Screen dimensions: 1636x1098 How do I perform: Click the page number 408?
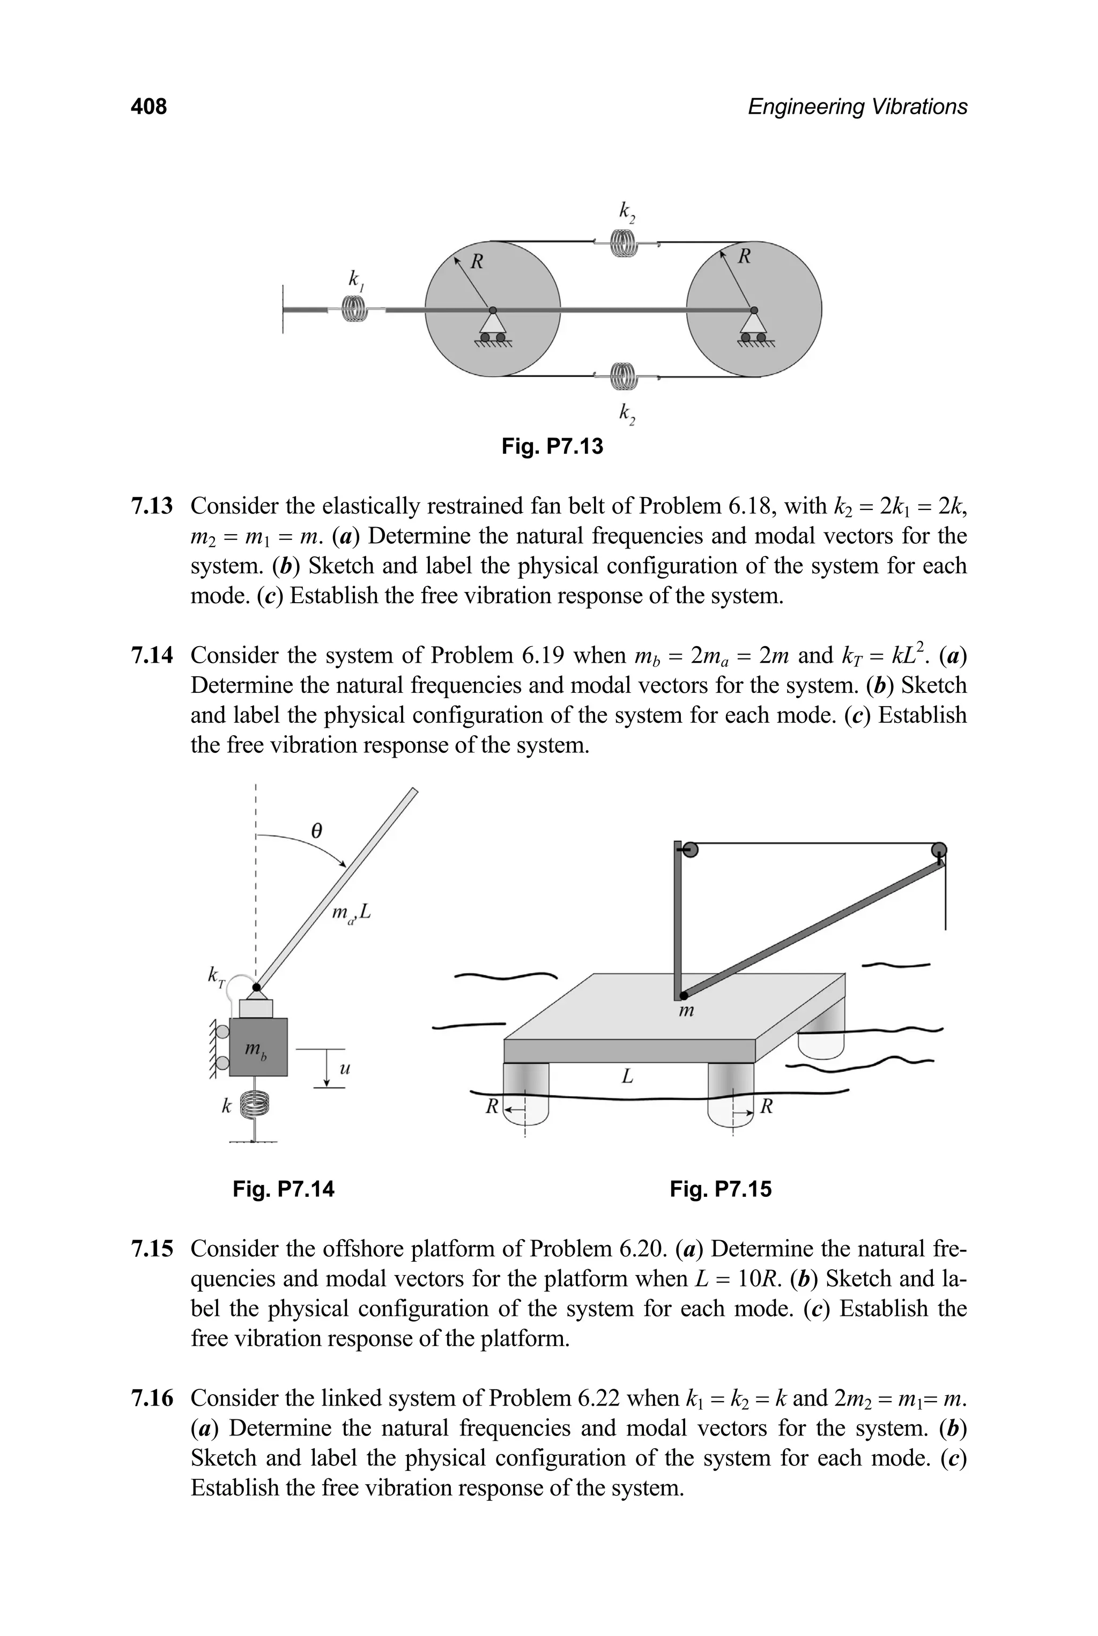149,107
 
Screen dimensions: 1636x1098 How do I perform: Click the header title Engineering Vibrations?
857,107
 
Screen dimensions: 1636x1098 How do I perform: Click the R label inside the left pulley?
477,262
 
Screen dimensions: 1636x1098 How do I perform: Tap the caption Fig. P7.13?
552,446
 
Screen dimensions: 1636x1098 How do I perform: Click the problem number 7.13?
151,506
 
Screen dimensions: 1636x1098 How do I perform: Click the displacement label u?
344,1069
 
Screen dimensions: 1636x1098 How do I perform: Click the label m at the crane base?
687,1011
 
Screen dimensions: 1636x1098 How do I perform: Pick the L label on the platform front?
627,1076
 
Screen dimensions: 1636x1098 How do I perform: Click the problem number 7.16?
151,1398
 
